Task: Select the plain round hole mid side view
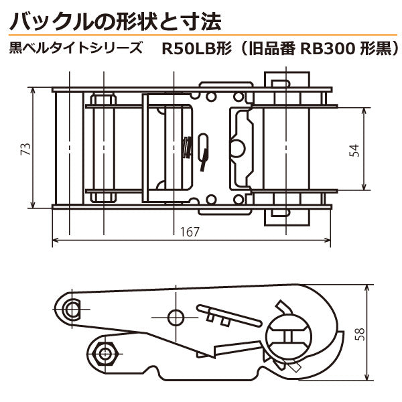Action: (x=176, y=317)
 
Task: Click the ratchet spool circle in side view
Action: (x=289, y=334)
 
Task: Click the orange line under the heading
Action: (x=201, y=35)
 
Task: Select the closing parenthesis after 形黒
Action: (x=396, y=49)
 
